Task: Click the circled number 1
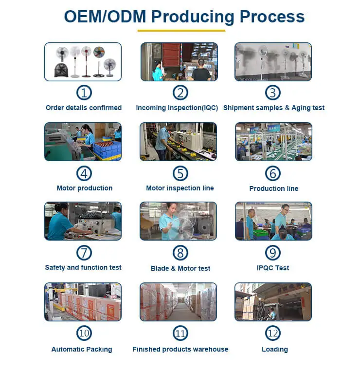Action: coord(84,93)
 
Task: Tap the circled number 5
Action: coord(180,173)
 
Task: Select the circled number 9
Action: coord(273,252)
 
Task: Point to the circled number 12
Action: coord(273,334)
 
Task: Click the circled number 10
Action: coord(84,334)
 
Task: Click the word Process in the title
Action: coord(272,17)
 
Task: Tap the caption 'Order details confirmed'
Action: coord(84,108)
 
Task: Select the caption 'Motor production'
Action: coord(84,188)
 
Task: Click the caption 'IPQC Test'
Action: coord(273,268)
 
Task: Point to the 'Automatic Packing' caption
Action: coord(82,349)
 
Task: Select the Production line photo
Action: coord(273,142)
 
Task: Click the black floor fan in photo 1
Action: coord(61,70)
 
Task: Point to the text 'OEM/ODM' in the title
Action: coord(105,17)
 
